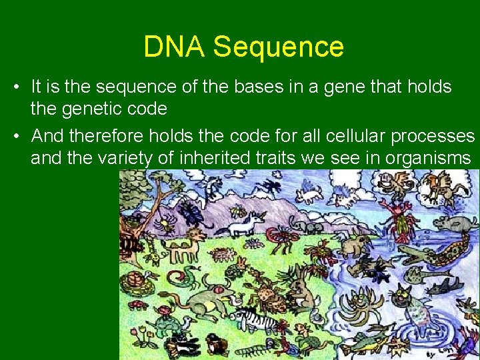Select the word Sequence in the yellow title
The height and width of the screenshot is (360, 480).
point(279,47)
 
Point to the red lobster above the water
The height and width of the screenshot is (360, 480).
point(404,217)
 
